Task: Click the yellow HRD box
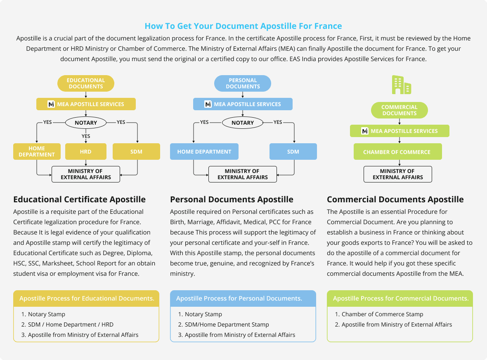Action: click(86, 152)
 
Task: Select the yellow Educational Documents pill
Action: click(86, 83)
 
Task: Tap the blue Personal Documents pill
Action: click(243, 83)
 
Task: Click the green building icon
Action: click(402, 85)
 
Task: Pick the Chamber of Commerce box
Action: click(398, 152)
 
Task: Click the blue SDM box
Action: click(293, 152)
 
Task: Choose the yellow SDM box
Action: click(136, 152)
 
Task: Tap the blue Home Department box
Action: click(204, 152)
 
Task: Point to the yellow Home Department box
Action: click(37, 152)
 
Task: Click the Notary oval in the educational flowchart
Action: click(86, 123)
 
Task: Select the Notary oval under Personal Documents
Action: click(243, 123)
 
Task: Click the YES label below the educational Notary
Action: click(86, 136)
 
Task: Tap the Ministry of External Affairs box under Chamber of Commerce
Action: click(398, 174)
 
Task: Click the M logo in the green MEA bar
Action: click(365, 131)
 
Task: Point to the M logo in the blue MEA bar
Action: click(208, 104)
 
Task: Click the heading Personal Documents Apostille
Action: click(232, 199)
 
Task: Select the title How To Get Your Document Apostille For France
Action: click(243, 26)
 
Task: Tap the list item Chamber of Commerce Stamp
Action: click(379, 314)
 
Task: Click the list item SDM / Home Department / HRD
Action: click(67, 324)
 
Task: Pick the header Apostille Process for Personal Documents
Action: click(239, 298)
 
